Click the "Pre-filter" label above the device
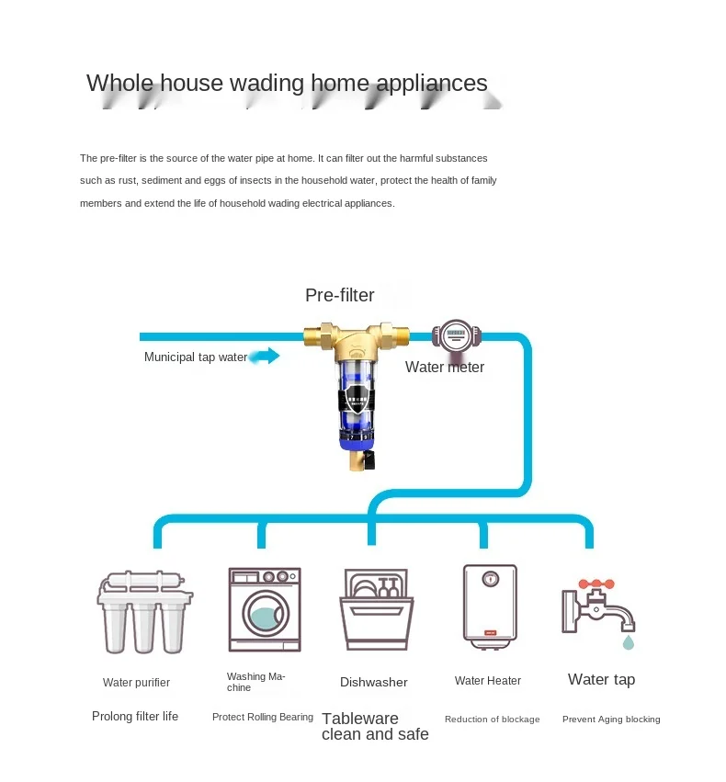340,295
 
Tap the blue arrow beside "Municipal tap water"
265,357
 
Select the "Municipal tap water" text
195,357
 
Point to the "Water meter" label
445,368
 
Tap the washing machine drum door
266,617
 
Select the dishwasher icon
376,609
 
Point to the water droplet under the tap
628,641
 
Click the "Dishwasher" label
373,682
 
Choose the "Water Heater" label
488,681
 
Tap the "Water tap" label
601,680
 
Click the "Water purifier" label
136,683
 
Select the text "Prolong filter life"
135,716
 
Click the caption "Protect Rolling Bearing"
263,717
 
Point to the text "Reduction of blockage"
492,720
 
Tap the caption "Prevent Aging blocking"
611,720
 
